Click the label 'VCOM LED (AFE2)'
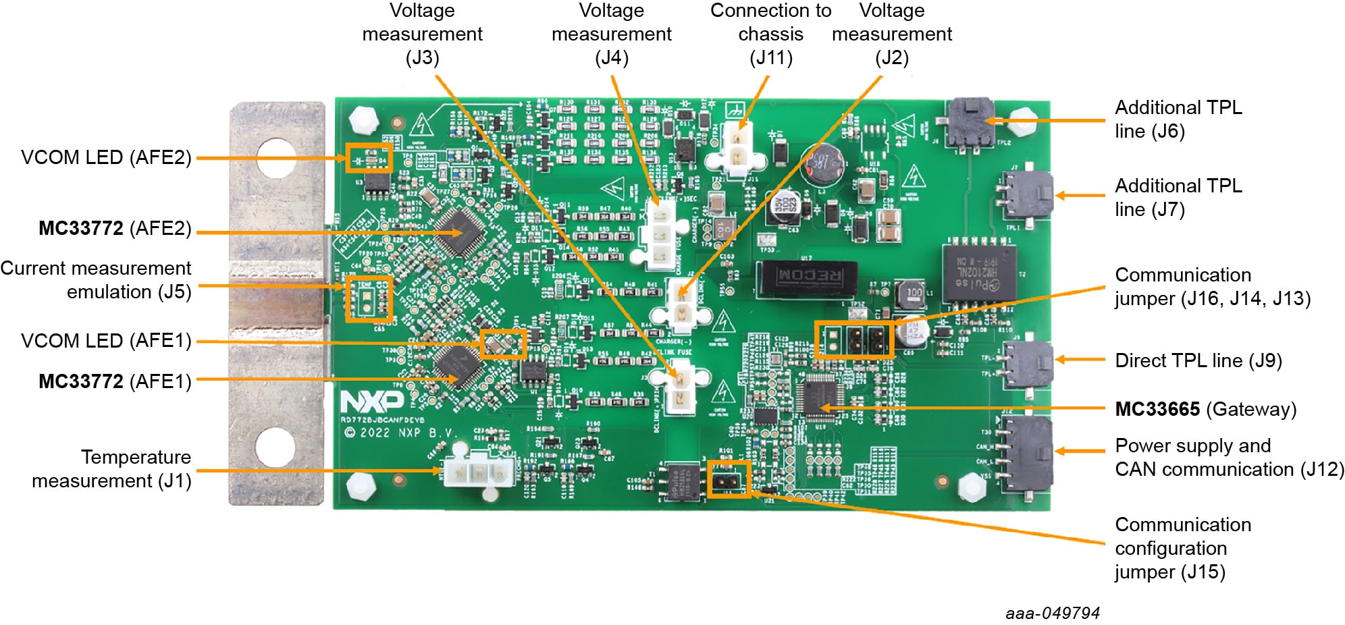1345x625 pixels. coord(106,157)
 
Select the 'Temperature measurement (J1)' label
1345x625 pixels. coord(111,468)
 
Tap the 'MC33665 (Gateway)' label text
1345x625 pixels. coord(1205,409)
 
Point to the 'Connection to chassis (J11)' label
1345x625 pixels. coord(770,34)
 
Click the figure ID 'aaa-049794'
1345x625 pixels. coord(1052,613)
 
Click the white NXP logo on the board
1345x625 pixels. coord(372,402)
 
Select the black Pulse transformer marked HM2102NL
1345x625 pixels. coord(978,273)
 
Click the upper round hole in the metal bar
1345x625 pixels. coord(275,157)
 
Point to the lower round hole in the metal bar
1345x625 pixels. coord(275,446)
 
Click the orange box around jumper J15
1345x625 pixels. coord(729,480)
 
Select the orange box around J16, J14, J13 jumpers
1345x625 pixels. coord(854,339)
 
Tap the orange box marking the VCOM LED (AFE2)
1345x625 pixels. coord(369,158)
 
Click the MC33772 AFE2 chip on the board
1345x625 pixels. coord(460,232)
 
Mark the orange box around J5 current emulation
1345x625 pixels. coord(369,298)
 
